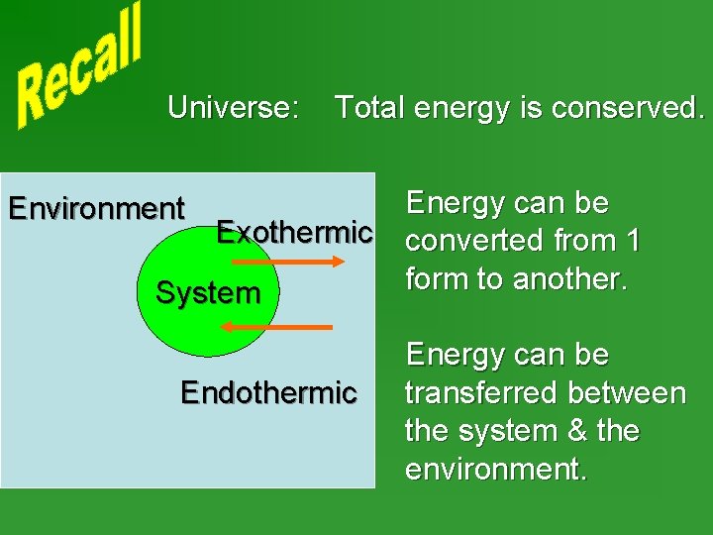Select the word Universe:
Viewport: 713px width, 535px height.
tap(234, 107)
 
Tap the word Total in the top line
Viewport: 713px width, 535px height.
tap(370, 107)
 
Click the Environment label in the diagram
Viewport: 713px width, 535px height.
tap(96, 209)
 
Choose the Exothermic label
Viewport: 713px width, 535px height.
tap(294, 233)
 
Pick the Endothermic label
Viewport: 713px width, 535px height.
tap(268, 393)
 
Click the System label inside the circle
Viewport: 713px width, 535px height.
tap(208, 293)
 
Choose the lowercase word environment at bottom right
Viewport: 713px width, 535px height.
tap(495, 470)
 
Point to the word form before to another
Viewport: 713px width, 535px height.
tap(439, 279)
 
